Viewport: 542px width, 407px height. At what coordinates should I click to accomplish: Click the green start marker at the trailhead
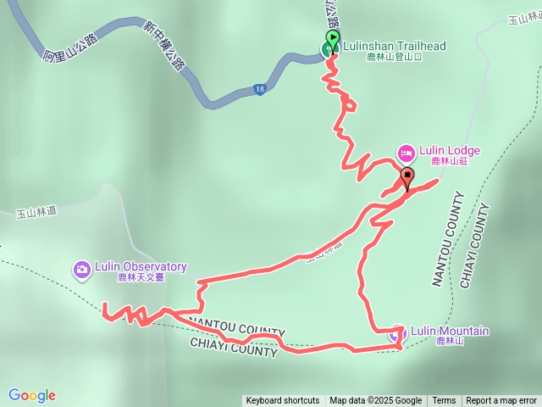click(332, 39)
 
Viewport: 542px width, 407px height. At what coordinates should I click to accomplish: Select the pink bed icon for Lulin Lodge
click(406, 153)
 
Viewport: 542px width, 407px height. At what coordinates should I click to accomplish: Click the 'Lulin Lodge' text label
click(450, 151)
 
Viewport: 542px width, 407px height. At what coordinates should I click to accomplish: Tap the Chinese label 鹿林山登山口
click(394, 59)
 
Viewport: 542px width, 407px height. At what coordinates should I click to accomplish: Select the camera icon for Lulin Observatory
click(82, 270)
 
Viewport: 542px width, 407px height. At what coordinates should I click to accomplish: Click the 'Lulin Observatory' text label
click(141, 266)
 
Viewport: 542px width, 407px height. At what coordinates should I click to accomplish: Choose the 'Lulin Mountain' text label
click(450, 331)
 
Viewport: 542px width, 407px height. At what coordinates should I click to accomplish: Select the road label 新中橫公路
click(163, 46)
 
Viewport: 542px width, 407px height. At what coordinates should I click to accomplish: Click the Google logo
click(32, 395)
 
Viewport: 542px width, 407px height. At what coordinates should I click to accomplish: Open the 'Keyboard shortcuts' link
click(282, 401)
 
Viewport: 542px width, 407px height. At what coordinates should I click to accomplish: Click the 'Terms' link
click(444, 401)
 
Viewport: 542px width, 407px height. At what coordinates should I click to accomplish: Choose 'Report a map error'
click(501, 401)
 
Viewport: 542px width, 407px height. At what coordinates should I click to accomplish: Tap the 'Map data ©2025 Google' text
click(375, 401)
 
